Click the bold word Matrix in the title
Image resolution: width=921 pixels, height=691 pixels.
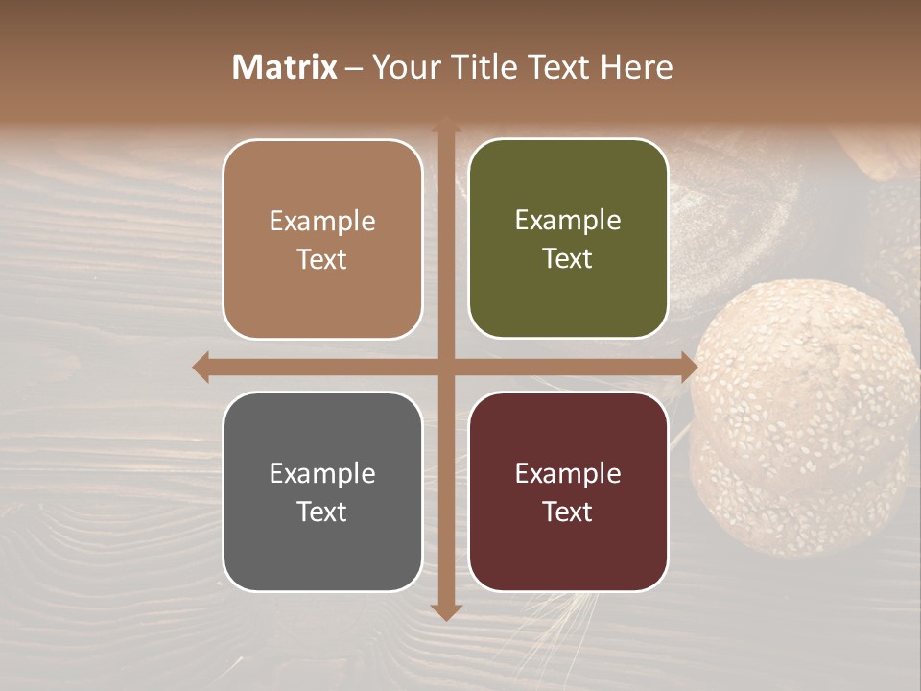click(x=285, y=66)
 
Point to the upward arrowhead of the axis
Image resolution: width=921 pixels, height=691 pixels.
click(x=445, y=128)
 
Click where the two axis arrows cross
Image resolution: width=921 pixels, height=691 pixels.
click(x=445, y=368)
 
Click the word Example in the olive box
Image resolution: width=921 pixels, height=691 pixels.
click(x=568, y=221)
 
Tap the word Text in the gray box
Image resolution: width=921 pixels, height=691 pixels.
click(x=322, y=512)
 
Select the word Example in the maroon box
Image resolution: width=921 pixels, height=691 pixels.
click(x=568, y=473)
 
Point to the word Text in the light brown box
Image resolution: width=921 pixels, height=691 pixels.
click(x=322, y=259)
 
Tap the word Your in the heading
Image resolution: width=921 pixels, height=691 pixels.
click(x=405, y=66)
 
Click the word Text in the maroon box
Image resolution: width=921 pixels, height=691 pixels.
click(x=568, y=512)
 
